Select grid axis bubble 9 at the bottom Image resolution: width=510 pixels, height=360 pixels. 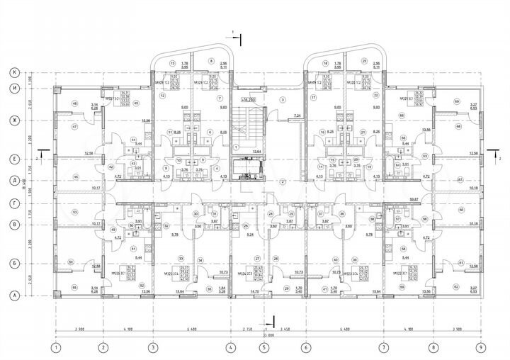point(480,347)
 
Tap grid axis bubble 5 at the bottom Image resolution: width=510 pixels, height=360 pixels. point(263,347)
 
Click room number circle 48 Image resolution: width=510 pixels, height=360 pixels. point(74,104)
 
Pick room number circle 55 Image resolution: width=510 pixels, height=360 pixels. point(74,288)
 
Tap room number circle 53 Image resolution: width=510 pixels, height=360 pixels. point(74,211)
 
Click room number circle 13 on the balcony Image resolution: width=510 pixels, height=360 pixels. point(172,63)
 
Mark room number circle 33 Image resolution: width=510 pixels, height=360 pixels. point(181,258)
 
